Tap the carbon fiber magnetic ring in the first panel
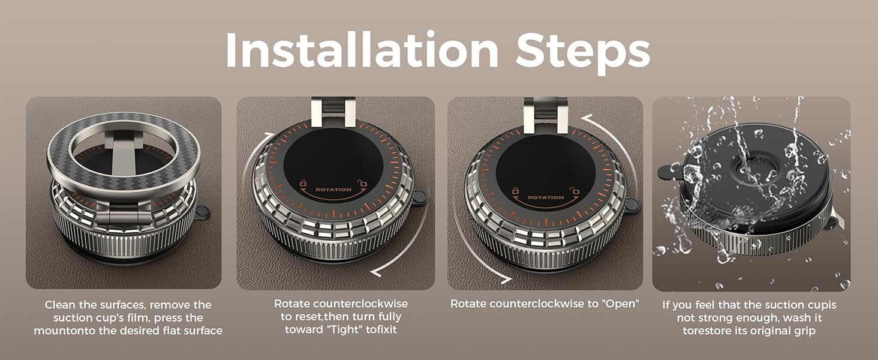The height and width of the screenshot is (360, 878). point(124,151)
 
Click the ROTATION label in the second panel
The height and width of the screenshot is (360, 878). point(333,190)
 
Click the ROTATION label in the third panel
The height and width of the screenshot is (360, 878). point(546,197)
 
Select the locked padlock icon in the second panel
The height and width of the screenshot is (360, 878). point(303,183)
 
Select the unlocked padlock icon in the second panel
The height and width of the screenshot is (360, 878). point(363,183)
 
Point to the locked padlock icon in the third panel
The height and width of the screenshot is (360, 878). point(515,191)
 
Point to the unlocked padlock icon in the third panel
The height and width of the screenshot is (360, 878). point(575,191)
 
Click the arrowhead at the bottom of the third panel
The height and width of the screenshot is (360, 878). point(506,280)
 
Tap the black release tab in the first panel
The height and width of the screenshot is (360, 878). point(202,212)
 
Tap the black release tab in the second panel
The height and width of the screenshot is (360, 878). point(419,196)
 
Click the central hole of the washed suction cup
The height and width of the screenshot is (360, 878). point(754,169)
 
